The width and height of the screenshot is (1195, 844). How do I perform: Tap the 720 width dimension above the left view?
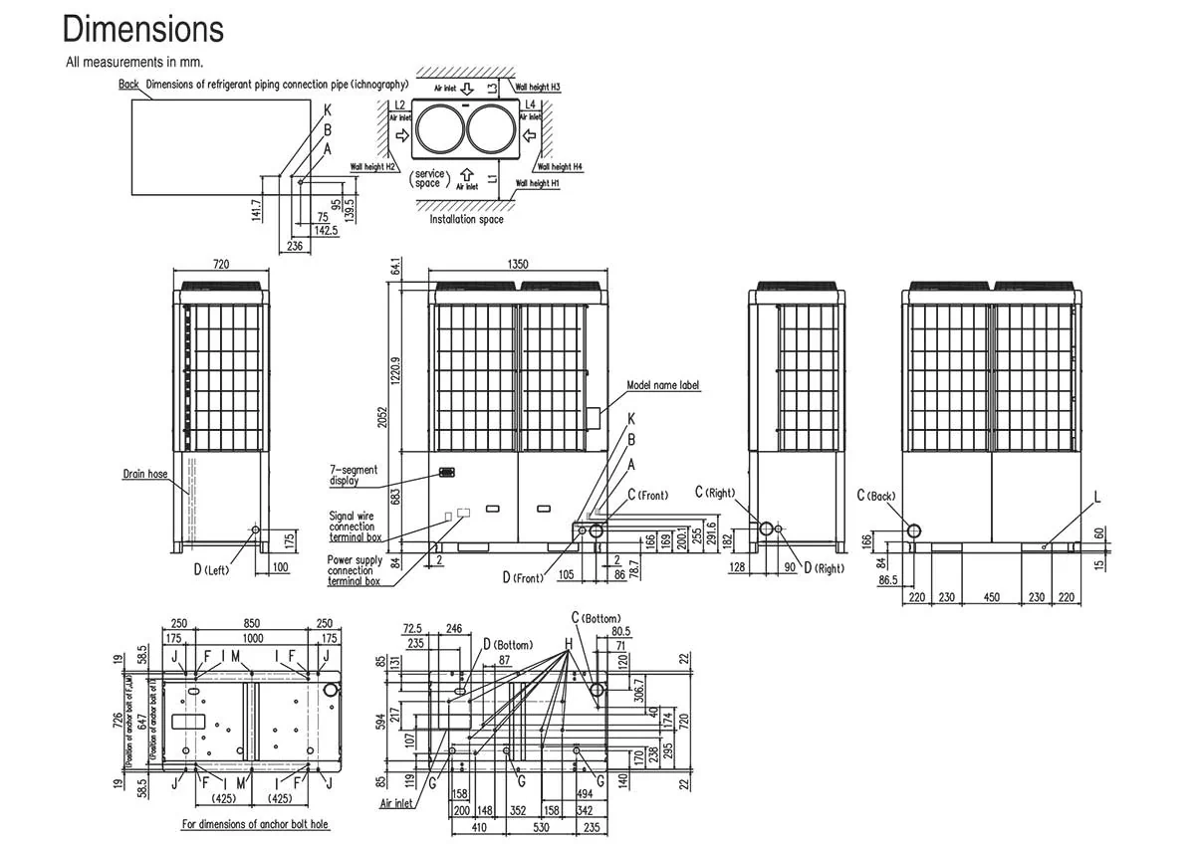click(x=221, y=264)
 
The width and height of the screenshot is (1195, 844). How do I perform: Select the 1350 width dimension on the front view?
click(x=517, y=264)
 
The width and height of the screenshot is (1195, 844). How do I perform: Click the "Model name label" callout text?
click(x=663, y=384)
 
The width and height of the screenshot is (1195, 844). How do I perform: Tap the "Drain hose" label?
click(x=145, y=474)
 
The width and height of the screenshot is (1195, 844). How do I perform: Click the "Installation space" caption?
click(x=466, y=219)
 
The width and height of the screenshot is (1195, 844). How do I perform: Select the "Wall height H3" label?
click(x=539, y=88)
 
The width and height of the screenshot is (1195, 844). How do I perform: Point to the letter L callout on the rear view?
click(x=1096, y=496)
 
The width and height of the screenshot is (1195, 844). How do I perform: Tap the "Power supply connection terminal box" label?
click(x=355, y=570)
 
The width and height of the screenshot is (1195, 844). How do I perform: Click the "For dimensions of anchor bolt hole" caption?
click(x=255, y=824)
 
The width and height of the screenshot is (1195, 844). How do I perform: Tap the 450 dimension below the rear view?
click(x=991, y=597)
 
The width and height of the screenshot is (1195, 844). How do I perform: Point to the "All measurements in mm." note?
click(x=134, y=62)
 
